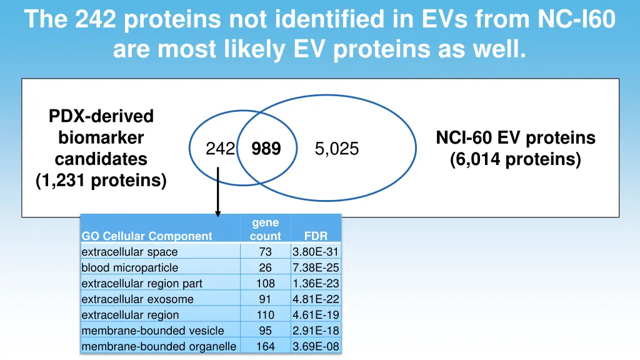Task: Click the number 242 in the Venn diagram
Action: point(220,149)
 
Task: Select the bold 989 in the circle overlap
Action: point(266,149)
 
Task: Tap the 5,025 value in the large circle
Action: point(337,149)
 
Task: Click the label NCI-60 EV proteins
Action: point(515,138)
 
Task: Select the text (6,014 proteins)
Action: point(515,160)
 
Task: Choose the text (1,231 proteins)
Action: point(101,181)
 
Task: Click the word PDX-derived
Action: point(101,116)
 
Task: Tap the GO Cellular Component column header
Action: point(147,236)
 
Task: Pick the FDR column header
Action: point(316,236)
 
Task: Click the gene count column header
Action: point(265,229)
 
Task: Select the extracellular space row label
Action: point(129,252)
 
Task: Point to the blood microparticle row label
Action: point(129,267)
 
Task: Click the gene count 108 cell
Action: point(265,283)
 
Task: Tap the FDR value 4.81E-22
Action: point(316,299)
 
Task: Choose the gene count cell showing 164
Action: point(265,346)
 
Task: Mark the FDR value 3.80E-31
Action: point(316,252)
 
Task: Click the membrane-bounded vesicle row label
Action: point(152,331)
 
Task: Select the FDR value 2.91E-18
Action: point(316,331)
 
